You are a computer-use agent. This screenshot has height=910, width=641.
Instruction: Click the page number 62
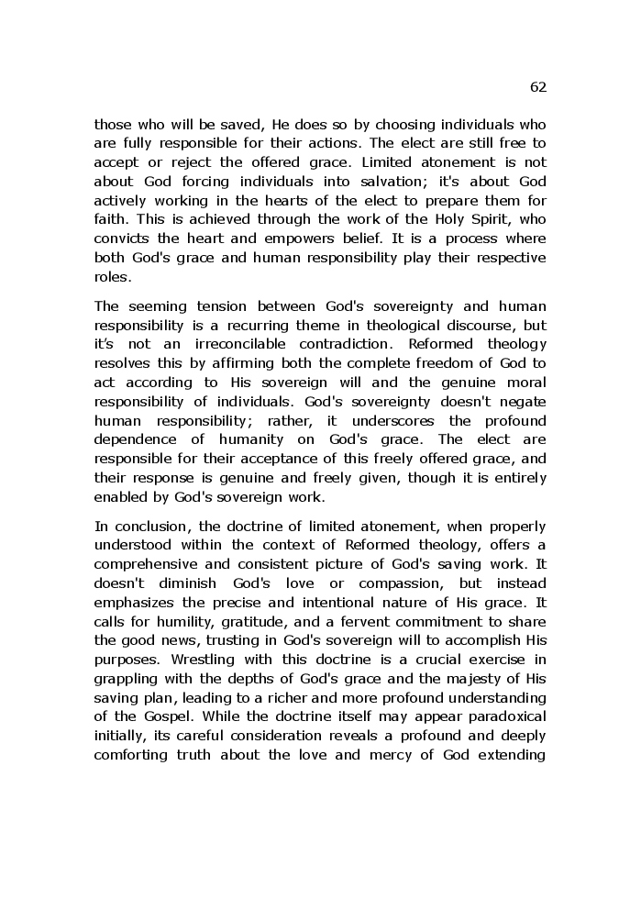[537, 87]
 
